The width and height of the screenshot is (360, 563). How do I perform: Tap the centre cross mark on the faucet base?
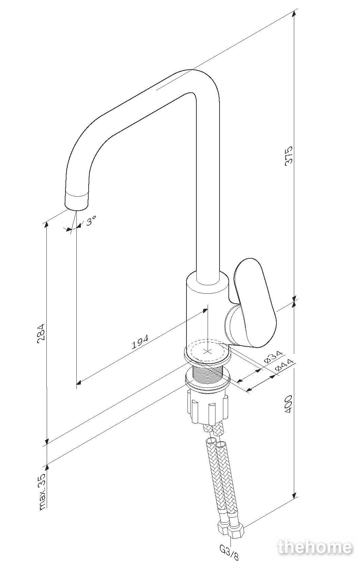(x=207, y=351)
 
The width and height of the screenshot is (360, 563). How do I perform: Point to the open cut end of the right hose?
(x=220, y=445)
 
